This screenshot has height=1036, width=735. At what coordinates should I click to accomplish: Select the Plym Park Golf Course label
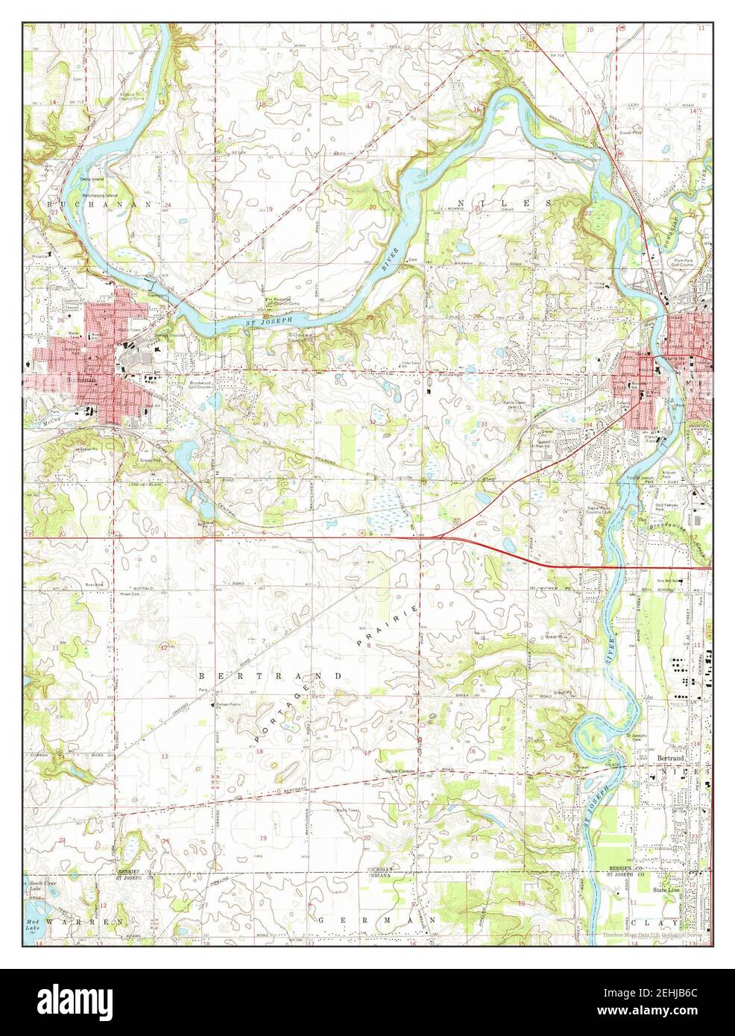pyautogui.click(x=683, y=262)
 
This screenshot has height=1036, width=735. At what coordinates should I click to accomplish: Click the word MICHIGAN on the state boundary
pyautogui.click(x=384, y=871)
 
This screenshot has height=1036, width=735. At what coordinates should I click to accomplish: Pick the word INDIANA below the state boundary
pyautogui.click(x=384, y=877)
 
